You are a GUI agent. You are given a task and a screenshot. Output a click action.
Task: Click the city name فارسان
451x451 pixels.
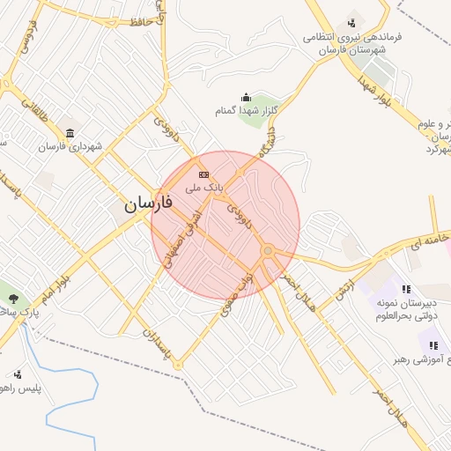coord(149,203)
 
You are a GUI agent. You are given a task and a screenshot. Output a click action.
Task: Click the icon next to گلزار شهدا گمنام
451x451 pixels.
coord(245,98)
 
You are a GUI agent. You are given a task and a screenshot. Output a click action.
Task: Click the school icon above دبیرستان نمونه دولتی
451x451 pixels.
coord(406,289)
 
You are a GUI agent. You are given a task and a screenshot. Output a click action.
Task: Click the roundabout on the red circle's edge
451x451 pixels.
coord(268,253)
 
